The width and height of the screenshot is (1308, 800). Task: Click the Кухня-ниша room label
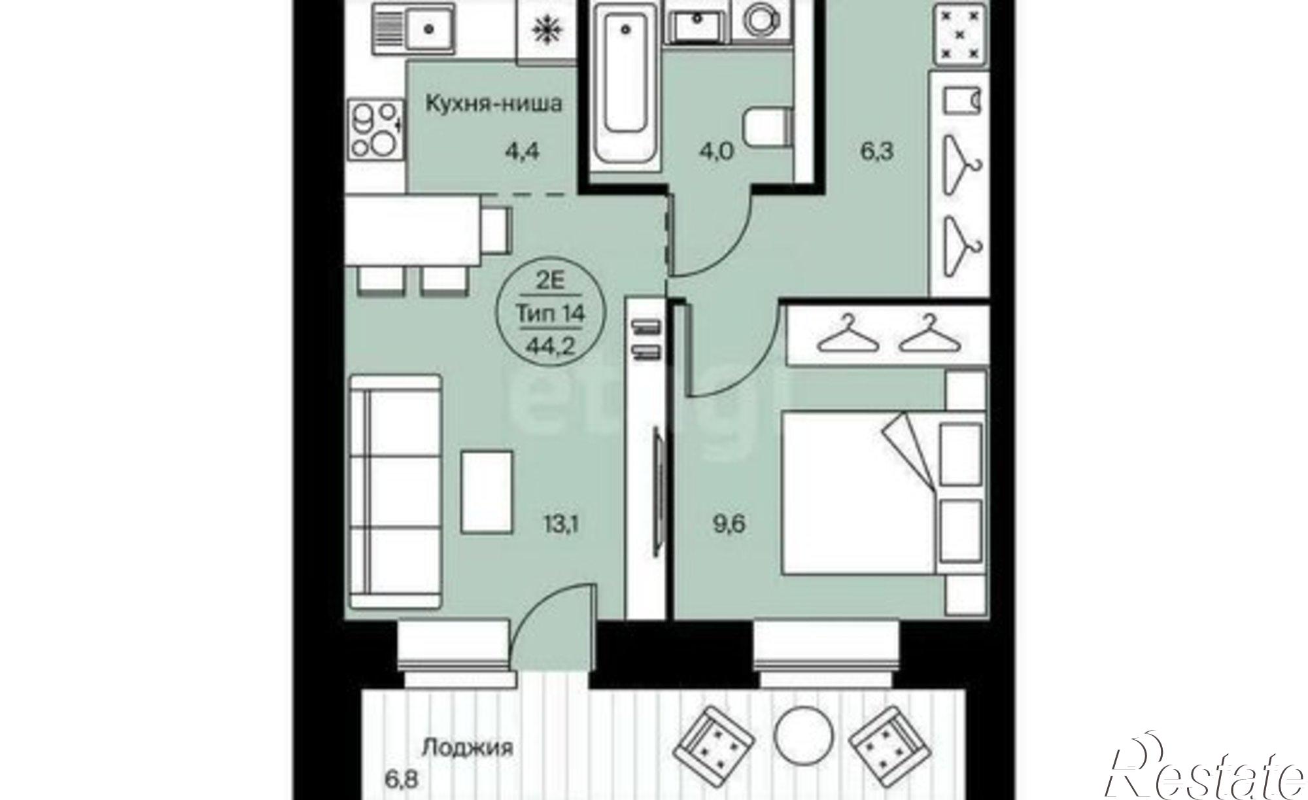[494, 104]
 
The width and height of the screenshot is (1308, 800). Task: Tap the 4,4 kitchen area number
[525, 152]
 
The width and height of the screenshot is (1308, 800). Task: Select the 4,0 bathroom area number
[715, 152]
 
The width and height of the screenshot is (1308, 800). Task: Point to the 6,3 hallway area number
[876, 152]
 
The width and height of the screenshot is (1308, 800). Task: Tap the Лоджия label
[467, 748]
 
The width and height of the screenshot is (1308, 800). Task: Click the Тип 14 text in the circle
[551, 313]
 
